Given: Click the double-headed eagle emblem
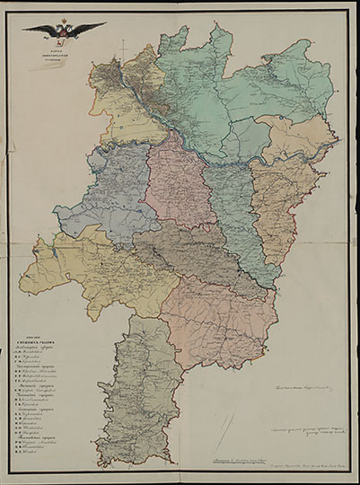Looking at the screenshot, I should [x=63, y=31].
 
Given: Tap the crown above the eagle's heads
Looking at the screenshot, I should [x=63, y=21].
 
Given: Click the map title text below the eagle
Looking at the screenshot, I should [x=63, y=50].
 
